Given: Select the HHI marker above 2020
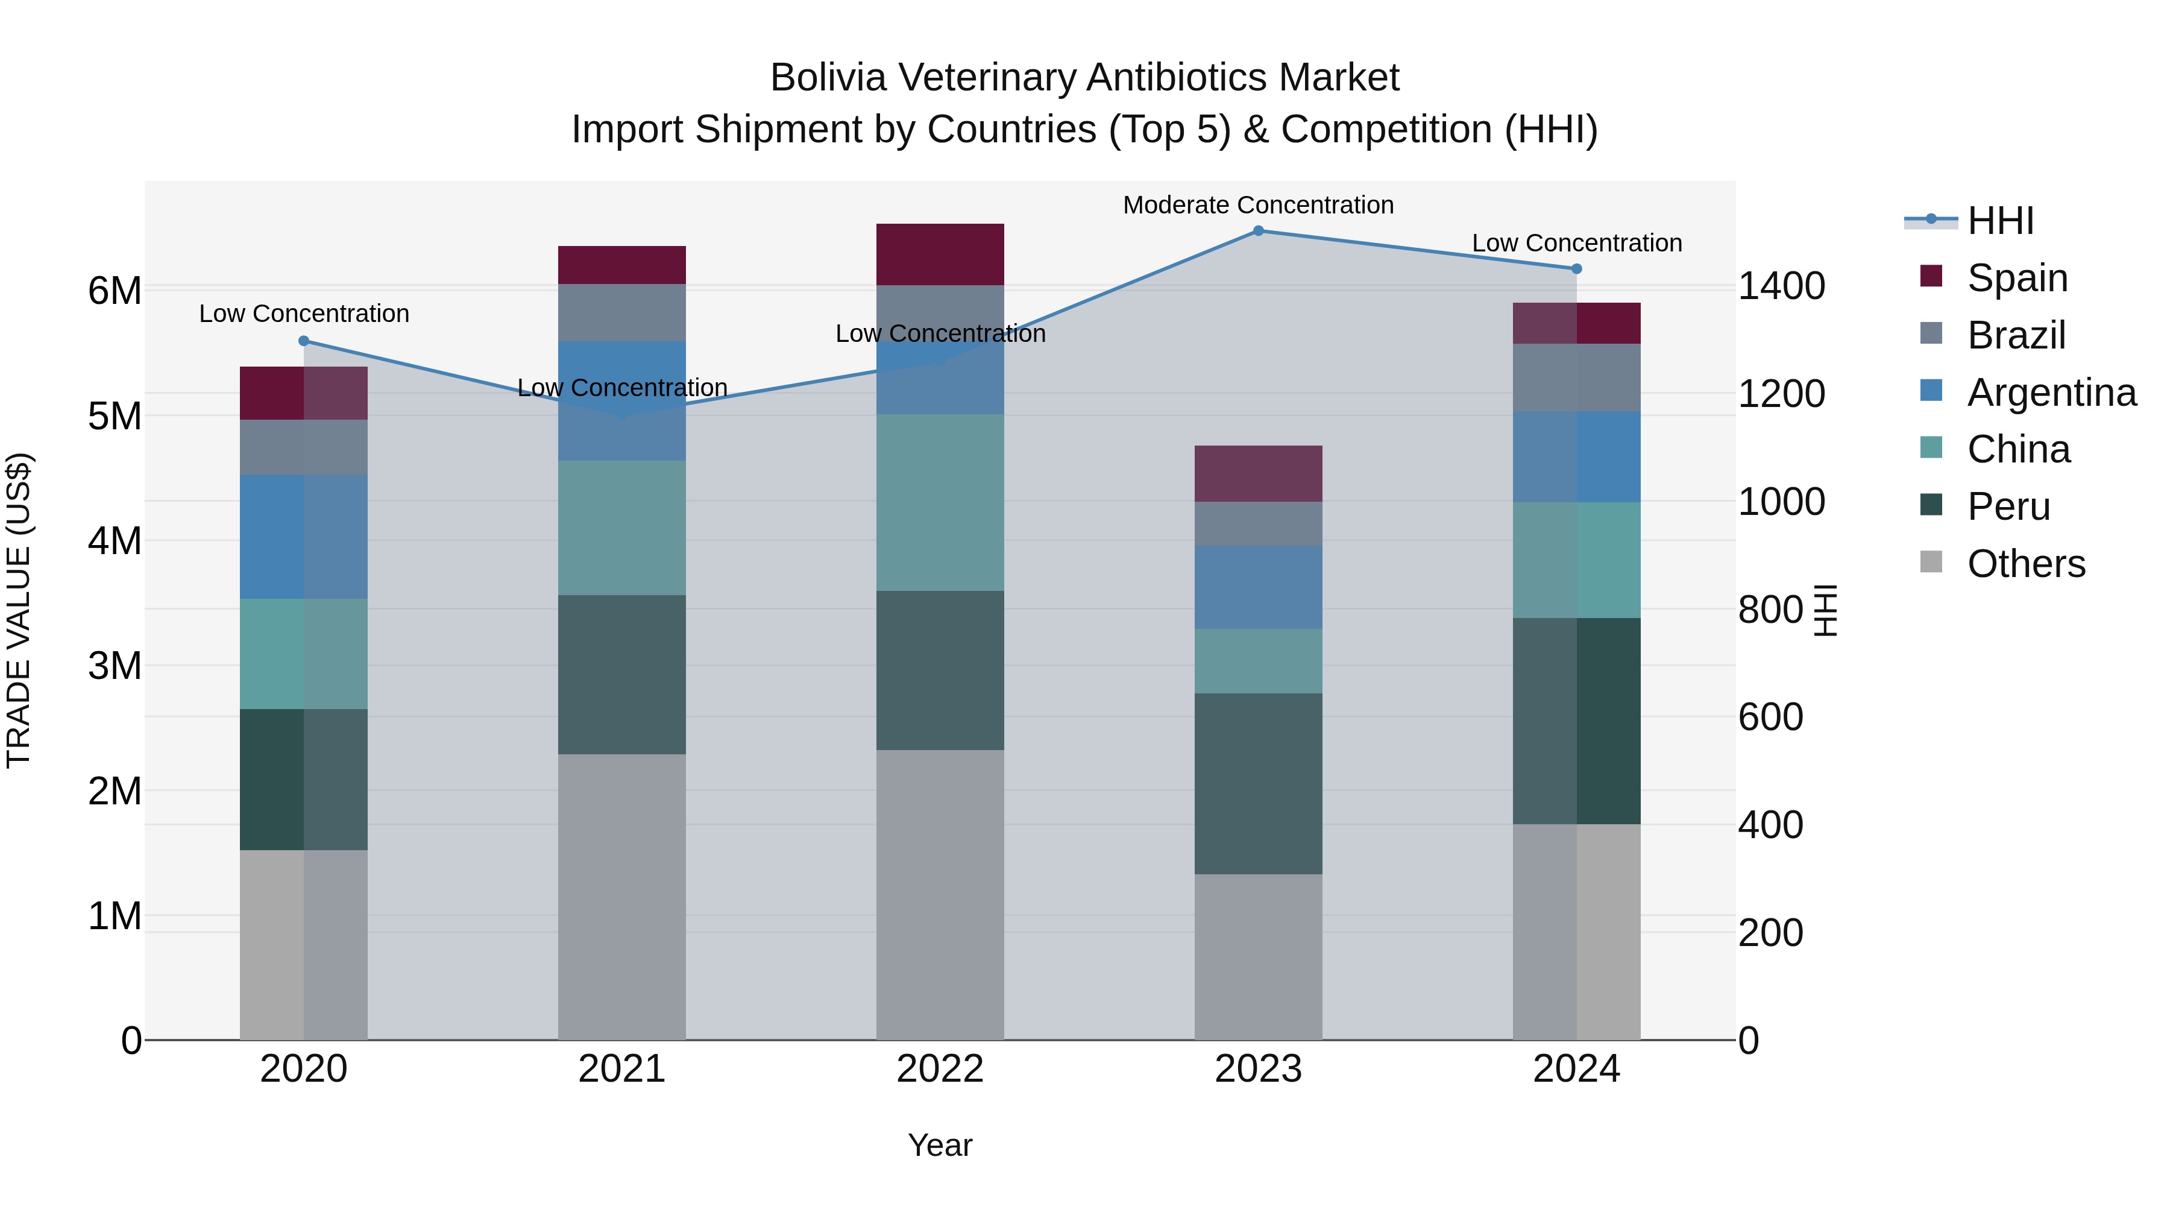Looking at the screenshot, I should click(304, 341).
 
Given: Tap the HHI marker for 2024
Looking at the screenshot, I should click(1576, 269).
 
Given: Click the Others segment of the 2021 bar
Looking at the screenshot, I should click(621, 897).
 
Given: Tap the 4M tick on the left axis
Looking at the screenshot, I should click(115, 541).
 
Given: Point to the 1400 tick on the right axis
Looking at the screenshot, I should click(1781, 286).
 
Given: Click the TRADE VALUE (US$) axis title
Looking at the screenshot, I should click(19, 610).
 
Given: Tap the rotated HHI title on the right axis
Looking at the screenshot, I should click(1825, 610).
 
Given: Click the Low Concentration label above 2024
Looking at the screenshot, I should click(1576, 242).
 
